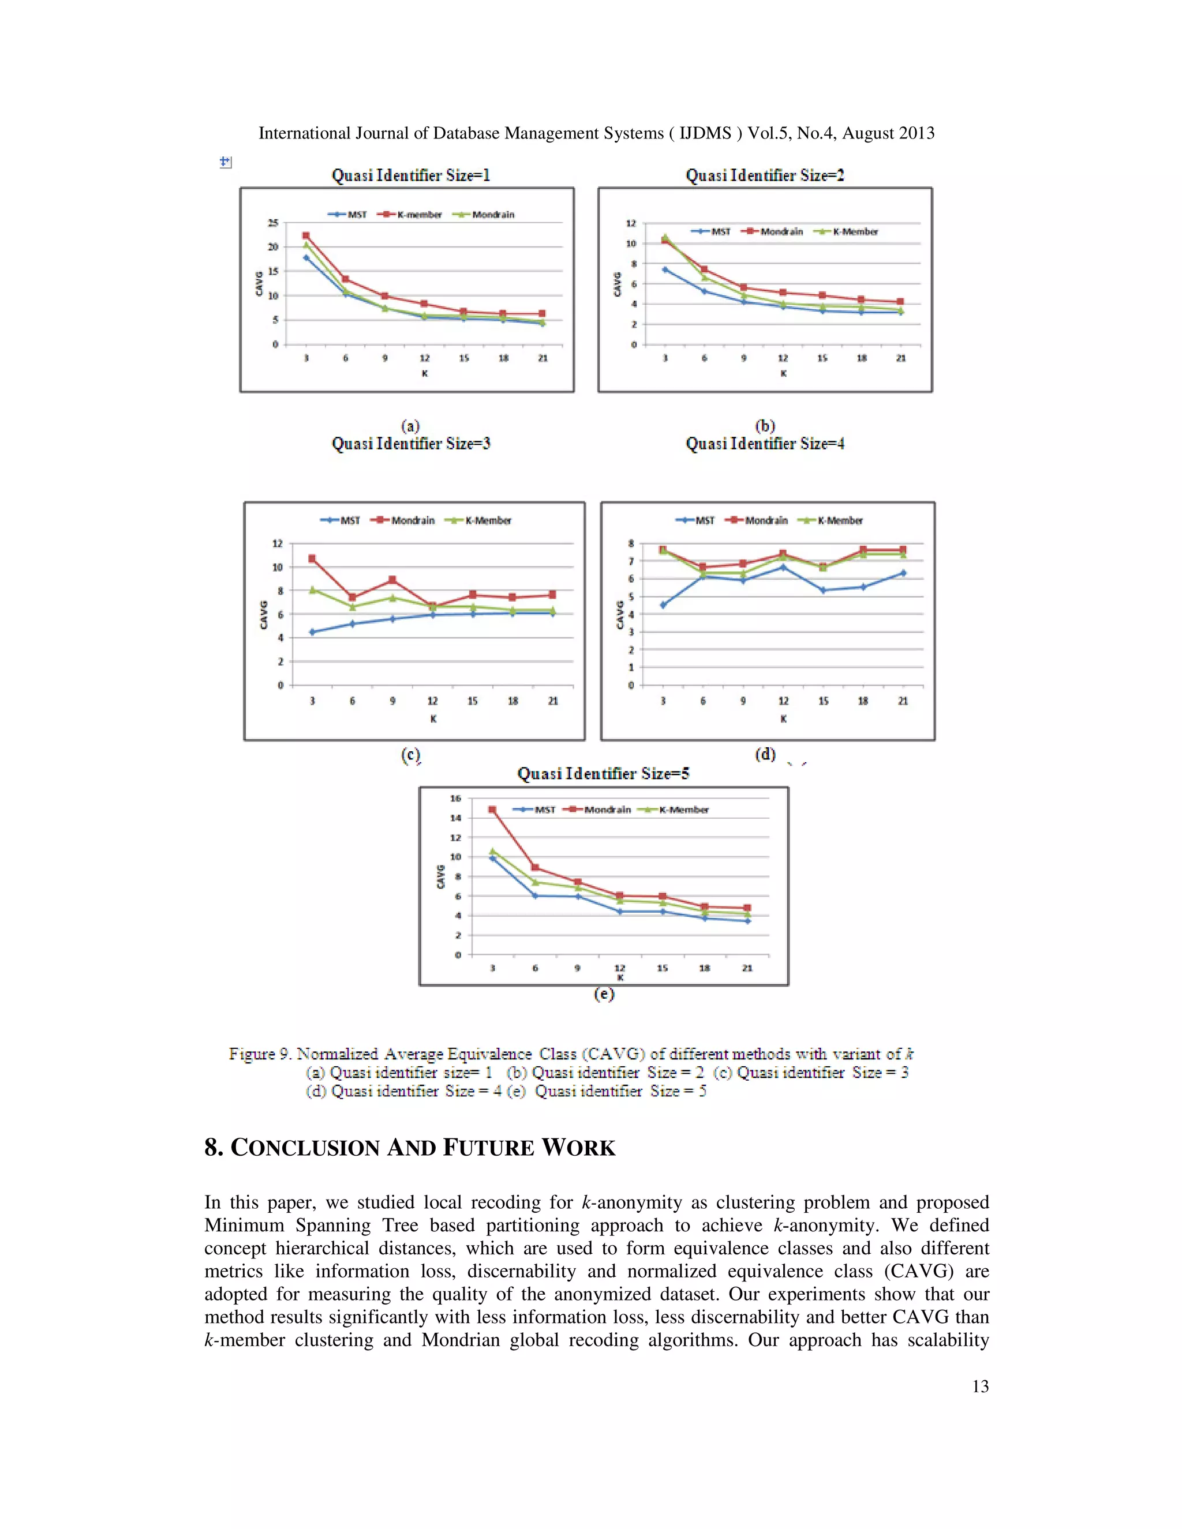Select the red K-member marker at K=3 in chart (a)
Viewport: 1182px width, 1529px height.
[x=306, y=235]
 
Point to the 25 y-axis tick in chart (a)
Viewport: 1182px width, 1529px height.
[x=273, y=223]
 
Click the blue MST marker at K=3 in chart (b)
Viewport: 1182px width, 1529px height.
[x=664, y=269]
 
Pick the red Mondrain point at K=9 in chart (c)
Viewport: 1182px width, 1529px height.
[x=392, y=580]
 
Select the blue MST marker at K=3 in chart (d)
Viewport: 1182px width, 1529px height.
[x=663, y=605]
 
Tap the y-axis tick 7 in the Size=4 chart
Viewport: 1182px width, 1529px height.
[x=631, y=561]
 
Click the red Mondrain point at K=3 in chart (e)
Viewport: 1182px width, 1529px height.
[x=492, y=810]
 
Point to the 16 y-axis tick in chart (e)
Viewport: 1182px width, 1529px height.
[x=456, y=798]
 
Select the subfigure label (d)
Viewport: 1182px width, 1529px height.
[x=765, y=754]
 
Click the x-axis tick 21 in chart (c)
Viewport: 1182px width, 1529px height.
[x=552, y=701]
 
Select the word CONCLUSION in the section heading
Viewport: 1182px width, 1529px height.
[x=305, y=1148]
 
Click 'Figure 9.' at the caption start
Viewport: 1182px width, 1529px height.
[x=260, y=1054]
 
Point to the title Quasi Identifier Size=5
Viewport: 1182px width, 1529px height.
[x=603, y=774]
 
